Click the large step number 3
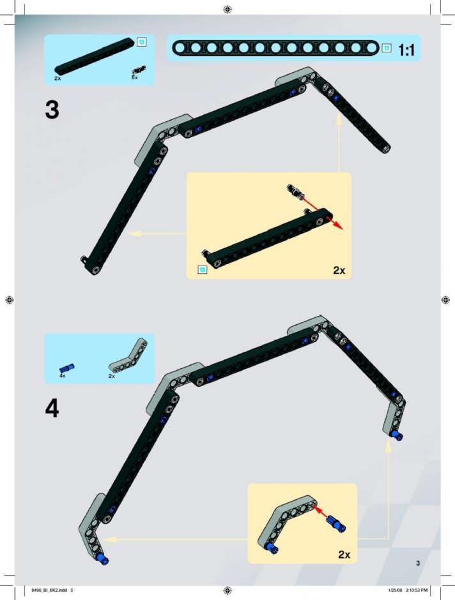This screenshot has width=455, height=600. [x=52, y=110]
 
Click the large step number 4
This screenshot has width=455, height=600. [x=52, y=409]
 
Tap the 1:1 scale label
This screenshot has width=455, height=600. [x=406, y=50]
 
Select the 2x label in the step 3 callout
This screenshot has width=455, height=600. [x=339, y=270]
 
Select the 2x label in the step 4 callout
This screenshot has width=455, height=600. [x=344, y=555]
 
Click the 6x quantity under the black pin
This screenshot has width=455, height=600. [x=134, y=77]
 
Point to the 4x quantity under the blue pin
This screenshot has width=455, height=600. [x=63, y=376]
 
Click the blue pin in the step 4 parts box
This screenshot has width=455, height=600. [x=66, y=368]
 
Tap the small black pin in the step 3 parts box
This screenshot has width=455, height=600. [x=139, y=70]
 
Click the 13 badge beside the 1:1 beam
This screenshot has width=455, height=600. [x=387, y=48]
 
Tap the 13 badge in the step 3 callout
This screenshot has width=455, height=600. [x=202, y=270]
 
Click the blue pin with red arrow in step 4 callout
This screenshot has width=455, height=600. [x=336, y=523]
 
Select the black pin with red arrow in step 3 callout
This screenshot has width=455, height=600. [x=295, y=191]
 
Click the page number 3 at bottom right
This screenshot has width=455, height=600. [x=418, y=563]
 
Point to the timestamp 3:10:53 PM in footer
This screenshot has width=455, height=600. [x=416, y=590]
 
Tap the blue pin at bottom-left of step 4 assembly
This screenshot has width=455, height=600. [x=103, y=559]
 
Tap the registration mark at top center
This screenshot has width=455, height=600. [x=227, y=9]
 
